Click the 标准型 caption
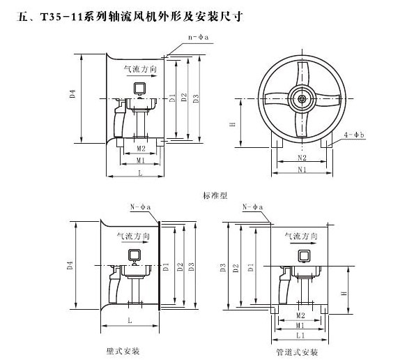215,196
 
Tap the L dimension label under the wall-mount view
130,320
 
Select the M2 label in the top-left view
141,149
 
